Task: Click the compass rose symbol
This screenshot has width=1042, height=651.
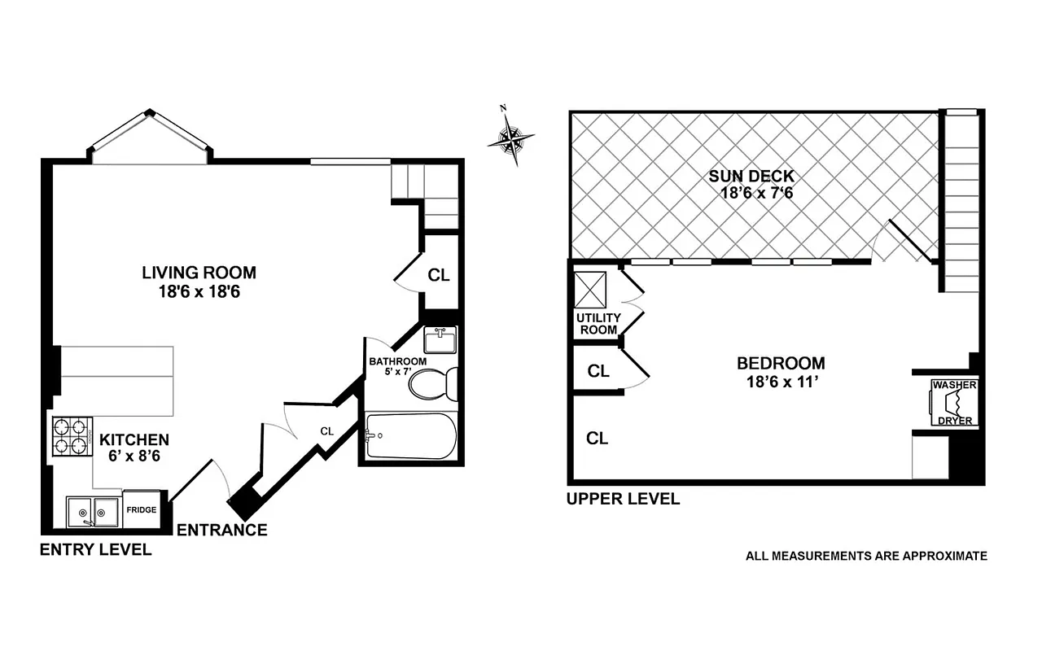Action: click(x=510, y=139)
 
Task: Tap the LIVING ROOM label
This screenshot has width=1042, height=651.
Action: click(x=199, y=273)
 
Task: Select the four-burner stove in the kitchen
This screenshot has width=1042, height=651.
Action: click(x=71, y=436)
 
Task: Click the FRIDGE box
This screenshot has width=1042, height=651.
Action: click(x=141, y=509)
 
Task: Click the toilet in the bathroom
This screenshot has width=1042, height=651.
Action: click(x=434, y=383)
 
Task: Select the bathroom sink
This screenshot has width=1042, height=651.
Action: click(x=440, y=339)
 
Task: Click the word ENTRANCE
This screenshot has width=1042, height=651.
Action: click(x=221, y=531)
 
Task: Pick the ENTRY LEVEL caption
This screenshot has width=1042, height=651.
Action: click(x=95, y=550)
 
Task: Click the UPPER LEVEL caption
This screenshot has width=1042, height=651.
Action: click(x=623, y=499)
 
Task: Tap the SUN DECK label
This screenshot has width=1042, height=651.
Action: click(x=751, y=176)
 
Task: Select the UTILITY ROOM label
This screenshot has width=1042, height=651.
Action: click(x=598, y=324)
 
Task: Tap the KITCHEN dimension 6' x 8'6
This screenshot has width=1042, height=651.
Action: click(x=134, y=457)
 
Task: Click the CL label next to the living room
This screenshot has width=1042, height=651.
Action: click(x=439, y=275)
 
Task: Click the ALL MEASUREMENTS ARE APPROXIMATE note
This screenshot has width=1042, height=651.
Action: click(x=866, y=556)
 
